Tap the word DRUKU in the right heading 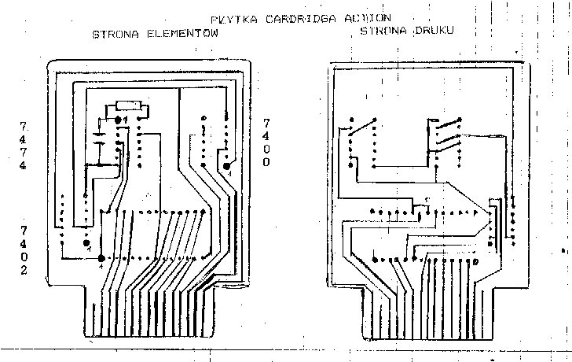coord(436,31)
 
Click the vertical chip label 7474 coord(24,146)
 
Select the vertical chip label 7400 coord(266,142)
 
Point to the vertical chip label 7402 coord(24,249)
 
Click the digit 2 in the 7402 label coord(24,270)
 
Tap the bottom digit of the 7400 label coord(266,162)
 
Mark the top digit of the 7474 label coord(24,126)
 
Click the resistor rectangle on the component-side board coord(128,105)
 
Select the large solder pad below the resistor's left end coord(118,119)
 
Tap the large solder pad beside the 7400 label coord(227,165)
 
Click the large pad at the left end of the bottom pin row coord(101,259)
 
